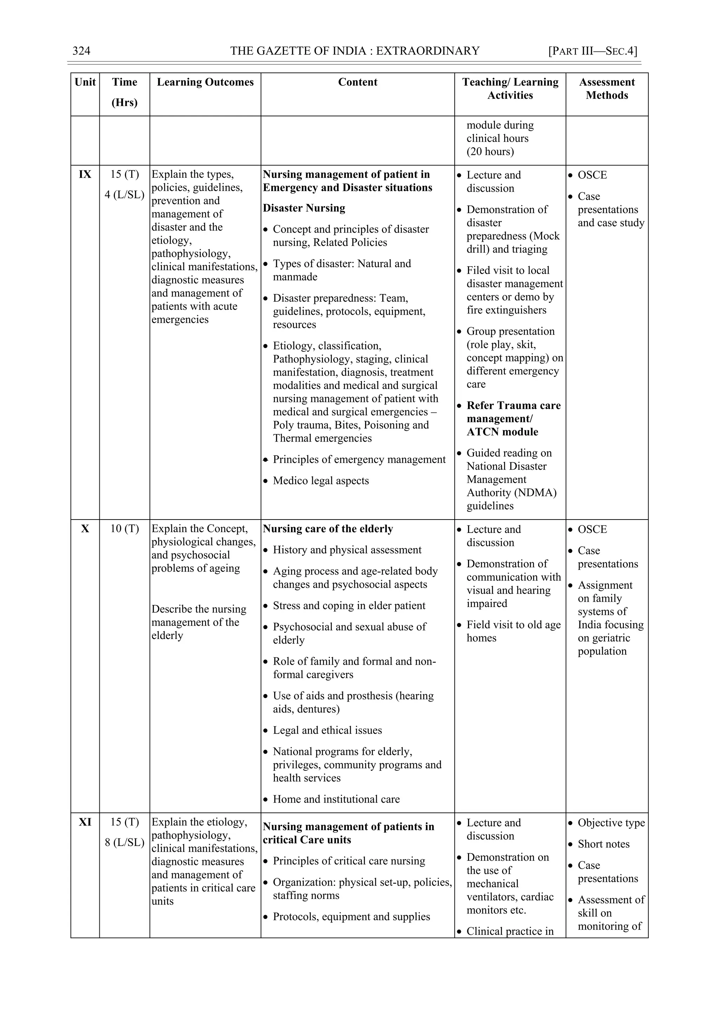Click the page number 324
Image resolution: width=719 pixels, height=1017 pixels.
81,51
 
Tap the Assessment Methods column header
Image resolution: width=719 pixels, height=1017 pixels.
607,89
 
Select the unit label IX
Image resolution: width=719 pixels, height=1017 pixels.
85,175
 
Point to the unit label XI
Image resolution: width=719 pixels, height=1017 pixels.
85,822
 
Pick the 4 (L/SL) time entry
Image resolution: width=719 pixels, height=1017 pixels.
124,195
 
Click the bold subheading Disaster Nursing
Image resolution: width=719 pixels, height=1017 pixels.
304,208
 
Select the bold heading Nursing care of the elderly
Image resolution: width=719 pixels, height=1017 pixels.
328,529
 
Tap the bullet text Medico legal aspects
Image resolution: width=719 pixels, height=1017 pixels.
321,481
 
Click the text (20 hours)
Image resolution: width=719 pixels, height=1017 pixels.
490,151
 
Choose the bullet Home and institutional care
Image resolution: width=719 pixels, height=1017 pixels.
336,799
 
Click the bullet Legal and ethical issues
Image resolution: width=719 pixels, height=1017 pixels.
327,730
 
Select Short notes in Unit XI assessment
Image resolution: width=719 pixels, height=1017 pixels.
603,844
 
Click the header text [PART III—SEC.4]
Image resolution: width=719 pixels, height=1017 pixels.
592,51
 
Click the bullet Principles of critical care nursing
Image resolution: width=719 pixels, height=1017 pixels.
349,861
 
